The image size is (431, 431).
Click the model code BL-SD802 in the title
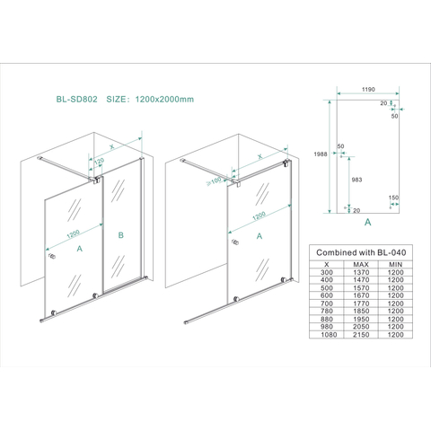pyautogui.click(x=77, y=99)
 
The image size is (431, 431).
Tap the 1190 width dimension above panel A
pyautogui.click(x=368, y=89)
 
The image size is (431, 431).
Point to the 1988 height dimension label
pyautogui.click(x=321, y=154)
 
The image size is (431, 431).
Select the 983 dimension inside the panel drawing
pyautogui.click(x=356, y=180)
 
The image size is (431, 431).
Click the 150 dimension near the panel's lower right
pyautogui.click(x=393, y=198)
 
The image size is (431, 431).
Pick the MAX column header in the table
pyautogui.click(x=361, y=265)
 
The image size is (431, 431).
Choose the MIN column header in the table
pyautogui.click(x=396, y=265)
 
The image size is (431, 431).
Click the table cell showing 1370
pyautogui.click(x=361, y=272)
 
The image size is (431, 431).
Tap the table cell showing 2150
pyautogui.click(x=361, y=335)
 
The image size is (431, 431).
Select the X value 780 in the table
pyautogui.click(x=327, y=312)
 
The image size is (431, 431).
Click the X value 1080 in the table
pyautogui.click(x=329, y=335)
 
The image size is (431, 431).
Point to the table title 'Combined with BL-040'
pyautogui.click(x=361, y=252)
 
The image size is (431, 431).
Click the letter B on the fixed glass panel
pyautogui.click(x=121, y=235)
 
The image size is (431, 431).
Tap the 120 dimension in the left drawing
pyautogui.click(x=99, y=162)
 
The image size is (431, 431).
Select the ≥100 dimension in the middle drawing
pyautogui.click(x=214, y=181)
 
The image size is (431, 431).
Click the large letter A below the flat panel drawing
pyautogui.click(x=367, y=222)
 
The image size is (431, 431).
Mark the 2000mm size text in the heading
pyautogui.click(x=176, y=99)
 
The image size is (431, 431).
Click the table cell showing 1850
pyautogui.click(x=361, y=312)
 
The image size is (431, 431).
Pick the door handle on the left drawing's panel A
pyautogui.click(x=52, y=256)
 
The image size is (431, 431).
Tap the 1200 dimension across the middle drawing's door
pyautogui.click(x=259, y=215)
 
